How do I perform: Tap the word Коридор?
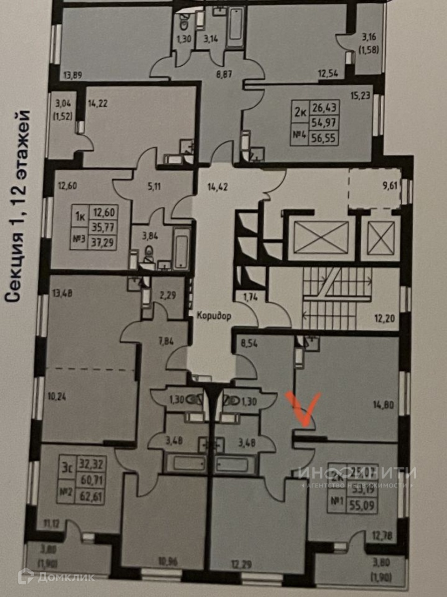(x=214, y=316)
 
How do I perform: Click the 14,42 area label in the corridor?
(x=217, y=189)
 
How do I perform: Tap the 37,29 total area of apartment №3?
(x=104, y=242)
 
